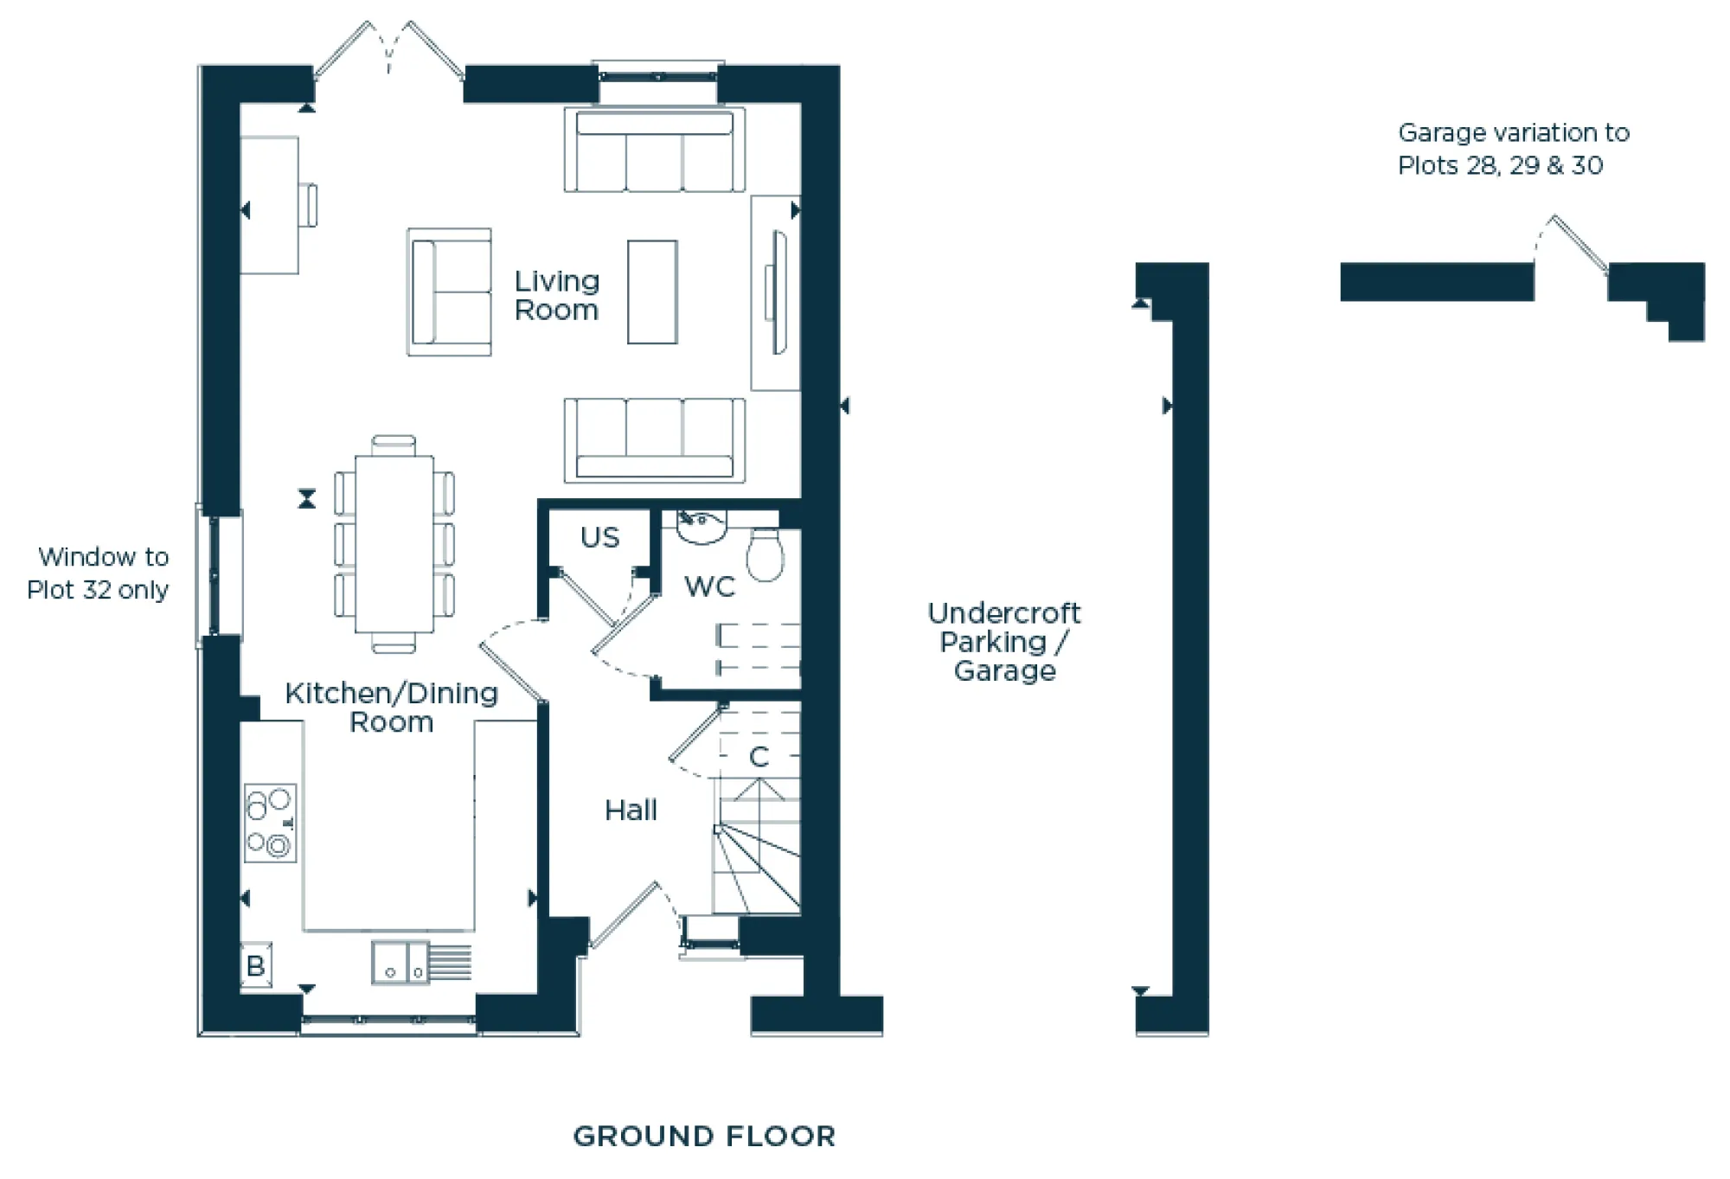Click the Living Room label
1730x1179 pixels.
click(556, 295)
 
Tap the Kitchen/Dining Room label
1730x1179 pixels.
click(391, 707)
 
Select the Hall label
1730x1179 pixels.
click(631, 811)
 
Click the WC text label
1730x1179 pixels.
click(709, 586)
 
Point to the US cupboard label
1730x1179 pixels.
click(599, 537)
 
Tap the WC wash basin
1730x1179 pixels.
click(701, 527)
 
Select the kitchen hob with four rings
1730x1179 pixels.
click(270, 823)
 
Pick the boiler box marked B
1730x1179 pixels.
click(255, 965)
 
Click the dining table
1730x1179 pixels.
click(394, 543)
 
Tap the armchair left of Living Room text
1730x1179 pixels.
click(450, 292)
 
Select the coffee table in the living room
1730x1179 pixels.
click(652, 292)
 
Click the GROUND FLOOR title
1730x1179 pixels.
click(704, 1136)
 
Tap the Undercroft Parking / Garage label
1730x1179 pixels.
click(1003, 642)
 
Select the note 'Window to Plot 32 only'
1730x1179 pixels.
click(98, 573)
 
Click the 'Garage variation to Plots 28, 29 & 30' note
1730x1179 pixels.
click(1513, 149)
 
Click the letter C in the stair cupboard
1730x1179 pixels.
click(759, 757)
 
